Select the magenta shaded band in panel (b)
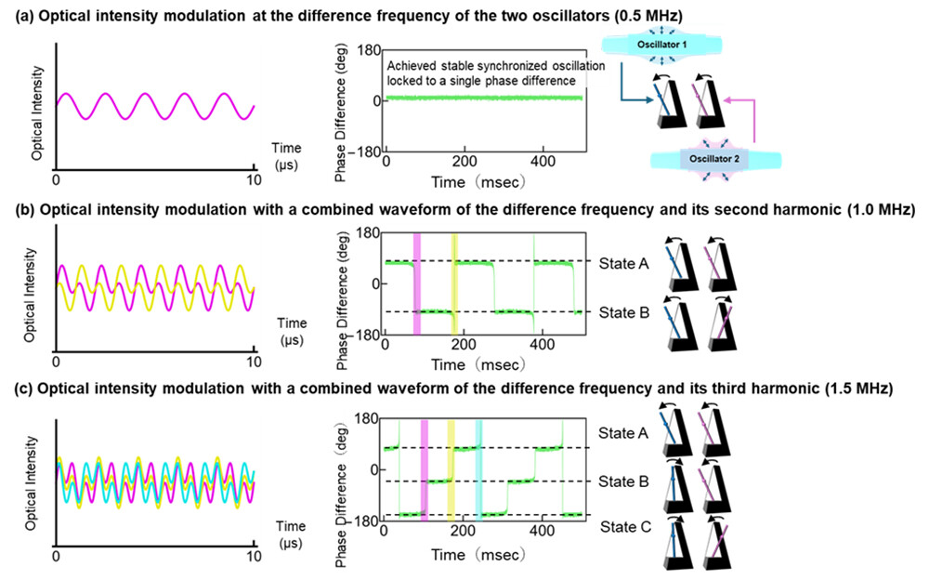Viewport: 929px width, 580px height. [x=417, y=283]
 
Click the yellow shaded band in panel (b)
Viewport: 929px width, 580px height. [x=454, y=283]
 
